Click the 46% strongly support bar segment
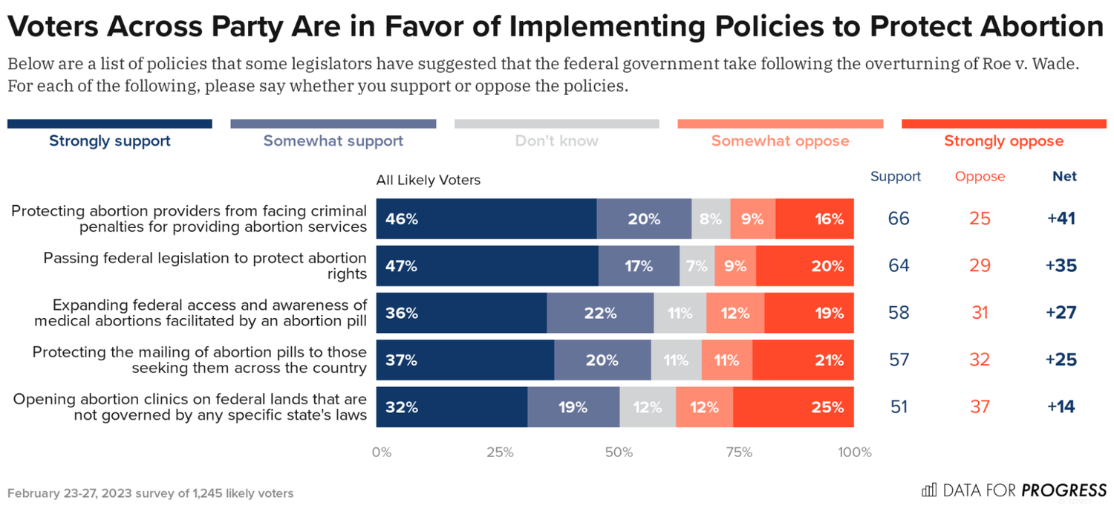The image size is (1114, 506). pos(486,219)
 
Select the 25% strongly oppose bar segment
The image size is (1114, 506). pos(793,407)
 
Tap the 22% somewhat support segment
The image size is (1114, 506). pos(600,313)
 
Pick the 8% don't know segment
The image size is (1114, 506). pos(711,219)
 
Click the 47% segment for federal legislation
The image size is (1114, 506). pos(487,266)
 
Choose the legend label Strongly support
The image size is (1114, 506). pos(110,141)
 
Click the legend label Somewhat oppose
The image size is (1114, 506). pos(780,141)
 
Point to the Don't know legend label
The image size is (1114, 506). pos(556,141)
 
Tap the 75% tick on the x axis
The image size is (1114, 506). pos(738,453)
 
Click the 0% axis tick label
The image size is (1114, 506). pos(381,453)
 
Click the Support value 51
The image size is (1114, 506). pos(899,407)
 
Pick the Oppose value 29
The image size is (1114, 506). pos(980,266)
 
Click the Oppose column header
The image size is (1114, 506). pos(980,177)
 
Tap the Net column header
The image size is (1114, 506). pos(1064,177)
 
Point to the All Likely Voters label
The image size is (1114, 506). pos(429,180)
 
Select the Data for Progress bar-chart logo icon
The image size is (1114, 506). pos(928,490)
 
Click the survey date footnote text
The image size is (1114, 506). pos(150,493)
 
